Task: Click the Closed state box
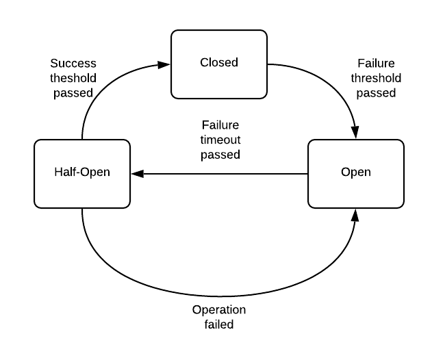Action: (x=219, y=64)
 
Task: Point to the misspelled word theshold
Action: (x=72, y=77)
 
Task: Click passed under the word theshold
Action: (x=72, y=92)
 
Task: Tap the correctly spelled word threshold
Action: (x=376, y=77)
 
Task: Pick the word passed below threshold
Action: (x=376, y=92)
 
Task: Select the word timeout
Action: (x=220, y=140)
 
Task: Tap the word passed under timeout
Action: (x=220, y=155)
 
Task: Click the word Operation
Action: (x=218, y=309)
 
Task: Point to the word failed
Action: (x=218, y=324)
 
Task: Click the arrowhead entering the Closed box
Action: (x=165, y=64)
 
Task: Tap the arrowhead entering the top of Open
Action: (x=355, y=133)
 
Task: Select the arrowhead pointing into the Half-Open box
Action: (x=136, y=174)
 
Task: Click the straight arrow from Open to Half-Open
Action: (x=226, y=174)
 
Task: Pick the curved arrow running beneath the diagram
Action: (x=218, y=294)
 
